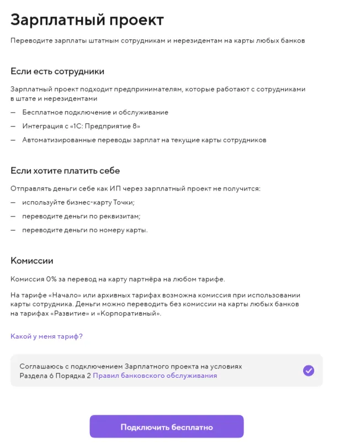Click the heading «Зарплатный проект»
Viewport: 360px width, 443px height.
[x=87, y=20]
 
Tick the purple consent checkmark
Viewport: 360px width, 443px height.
[x=309, y=371]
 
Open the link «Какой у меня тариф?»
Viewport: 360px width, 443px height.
[x=46, y=336]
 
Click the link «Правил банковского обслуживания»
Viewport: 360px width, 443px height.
[x=155, y=376]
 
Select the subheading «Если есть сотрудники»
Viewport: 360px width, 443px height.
[x=57, y=71]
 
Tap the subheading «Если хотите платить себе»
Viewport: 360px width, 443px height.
[x=65, y=171]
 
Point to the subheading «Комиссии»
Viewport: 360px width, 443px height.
[x=32, y=260]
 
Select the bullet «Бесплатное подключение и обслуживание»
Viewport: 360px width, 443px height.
[x=95, y=112]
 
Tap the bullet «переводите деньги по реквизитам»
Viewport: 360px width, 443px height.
[x=81, y=216]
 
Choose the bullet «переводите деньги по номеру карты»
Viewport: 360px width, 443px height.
[x=84, y=230]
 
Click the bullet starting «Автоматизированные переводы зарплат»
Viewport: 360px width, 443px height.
[x=144, y=140]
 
